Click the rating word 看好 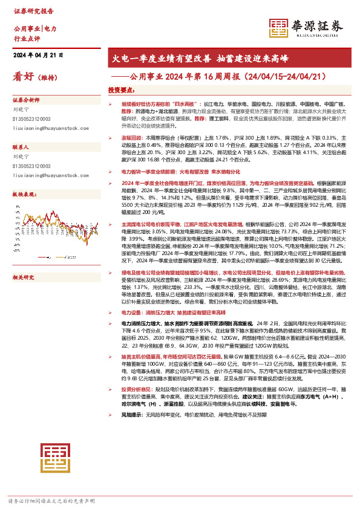(23, 77)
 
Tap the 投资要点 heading (120, 89)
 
